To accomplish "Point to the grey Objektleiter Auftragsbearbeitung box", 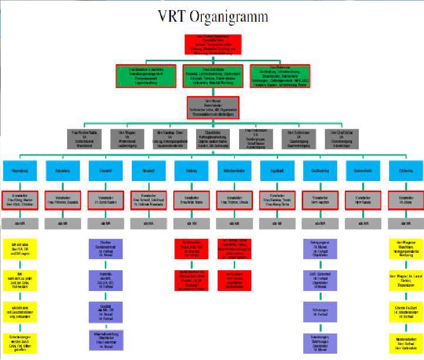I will click(213, 138).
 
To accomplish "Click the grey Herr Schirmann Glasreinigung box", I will click(298, 138).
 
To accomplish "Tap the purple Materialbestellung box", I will click(105, 340).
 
